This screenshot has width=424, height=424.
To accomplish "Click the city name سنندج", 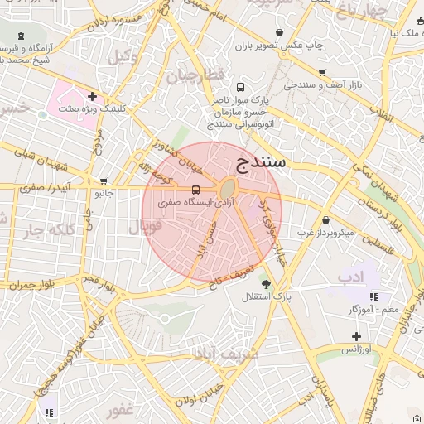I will pyautogui.click(x=261, y=161).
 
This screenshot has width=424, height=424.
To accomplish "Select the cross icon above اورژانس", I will pyautogui.click(x=356, y=336).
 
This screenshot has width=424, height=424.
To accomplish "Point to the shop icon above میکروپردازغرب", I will pyautogui.click(x=326, y=220).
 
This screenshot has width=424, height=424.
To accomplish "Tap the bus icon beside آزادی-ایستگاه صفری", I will pyautogui.click(x=195, y=189).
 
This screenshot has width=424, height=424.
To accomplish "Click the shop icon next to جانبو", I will pyautogui.click(x=104, y=181).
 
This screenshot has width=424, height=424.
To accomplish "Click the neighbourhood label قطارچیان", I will pyautogui.click(x=195, y=75).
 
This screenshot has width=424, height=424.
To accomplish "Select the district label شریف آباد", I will pyautogui.click(x=227, y=354).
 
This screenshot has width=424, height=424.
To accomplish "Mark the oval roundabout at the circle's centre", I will pyautogui.click(x=227, y=190).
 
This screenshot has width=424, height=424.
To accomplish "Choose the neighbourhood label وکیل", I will pyautogui.click(x=123, y=56).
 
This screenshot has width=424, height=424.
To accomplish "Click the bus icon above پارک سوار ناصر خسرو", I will pyautogui.click(x=240, y=87).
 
